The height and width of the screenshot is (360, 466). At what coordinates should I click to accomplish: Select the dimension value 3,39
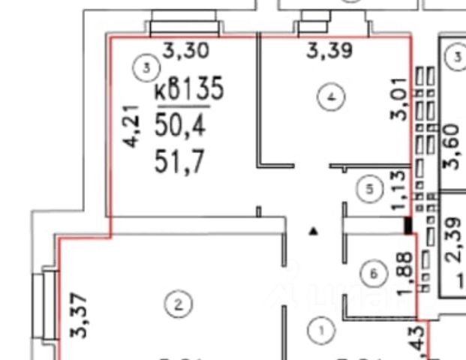pyautogui.click(x=331, y=51)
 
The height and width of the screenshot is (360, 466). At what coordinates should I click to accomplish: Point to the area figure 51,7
pyautogui.click(x=180, y=161)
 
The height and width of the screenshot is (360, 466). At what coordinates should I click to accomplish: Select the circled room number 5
pyautogui.click(x=368, y=189)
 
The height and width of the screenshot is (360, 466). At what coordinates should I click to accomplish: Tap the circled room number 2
pyautogui.click(x=178, y=304)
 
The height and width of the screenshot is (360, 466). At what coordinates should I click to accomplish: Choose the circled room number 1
pyautogui.click(x=320, y=329)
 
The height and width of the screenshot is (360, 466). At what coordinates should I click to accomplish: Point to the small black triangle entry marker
pyautogui.click(x=314, y=232)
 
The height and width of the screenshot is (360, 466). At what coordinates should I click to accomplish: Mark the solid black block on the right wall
pyautogui.click(x=407, y=223)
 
